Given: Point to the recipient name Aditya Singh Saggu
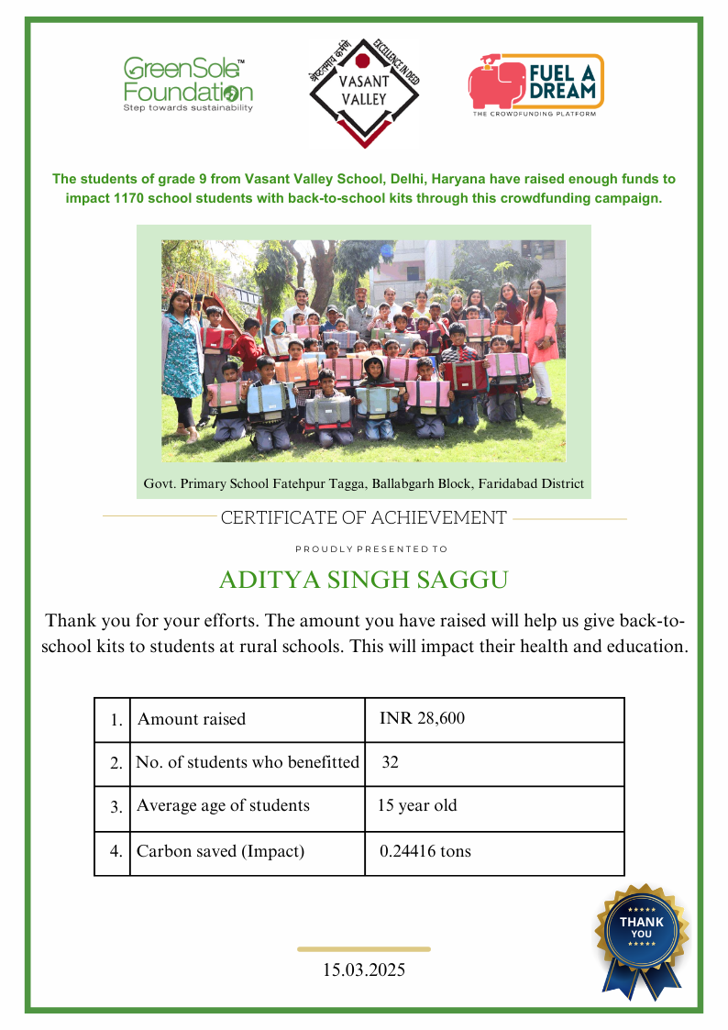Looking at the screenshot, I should pyautogui.click(x=364, y=581).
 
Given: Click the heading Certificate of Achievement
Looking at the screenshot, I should pyautogui.click(x=363, y=518).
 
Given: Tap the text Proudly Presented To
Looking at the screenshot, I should pyautogui.click(x=371, y=549).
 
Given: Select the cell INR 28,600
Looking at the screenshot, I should pyautogui.click(x=422, y=719).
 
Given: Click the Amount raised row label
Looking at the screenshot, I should pyautogui.click(x=192, y=719).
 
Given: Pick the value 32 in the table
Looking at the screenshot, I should pyautogui.click(x=390, y=762).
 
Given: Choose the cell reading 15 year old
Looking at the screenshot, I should pyautogui.click(x=417, y=806).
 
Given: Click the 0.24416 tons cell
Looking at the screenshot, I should pyautogui.click(x=425, y=851).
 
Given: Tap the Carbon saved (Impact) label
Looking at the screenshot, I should pyautogui.click(x=220, y=851).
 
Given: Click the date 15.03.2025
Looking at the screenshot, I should pyautogui.click(x=364, y=969).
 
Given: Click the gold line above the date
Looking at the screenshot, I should pyautogui.click(x=364, y=949).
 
